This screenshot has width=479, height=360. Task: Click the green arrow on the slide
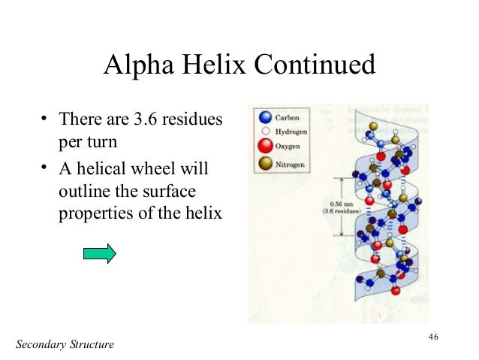click(99, 253)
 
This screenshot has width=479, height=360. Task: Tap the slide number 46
click(433, 335)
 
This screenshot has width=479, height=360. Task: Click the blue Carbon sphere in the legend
click(263, 118)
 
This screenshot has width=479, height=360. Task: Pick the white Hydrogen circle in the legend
click(263, 130)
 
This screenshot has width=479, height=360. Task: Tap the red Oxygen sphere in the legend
click(263, 144)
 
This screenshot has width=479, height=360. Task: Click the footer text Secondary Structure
click(65, 344)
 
